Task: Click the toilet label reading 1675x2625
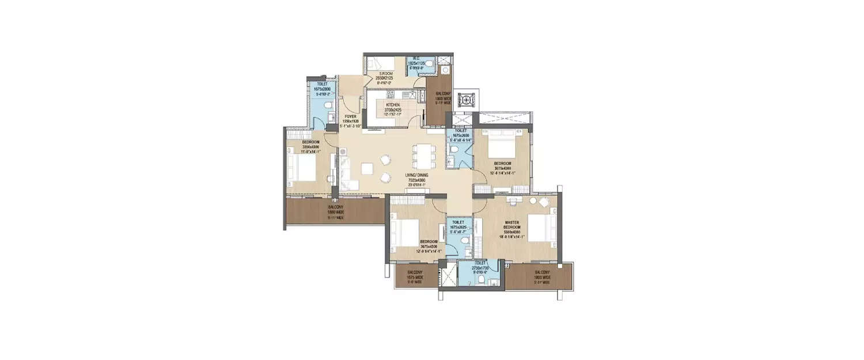[x=458, y=227]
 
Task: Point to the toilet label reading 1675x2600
[x=460, y=135]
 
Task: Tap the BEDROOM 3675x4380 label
[x=502, y=165]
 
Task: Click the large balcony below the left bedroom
[x=335, y=210]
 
